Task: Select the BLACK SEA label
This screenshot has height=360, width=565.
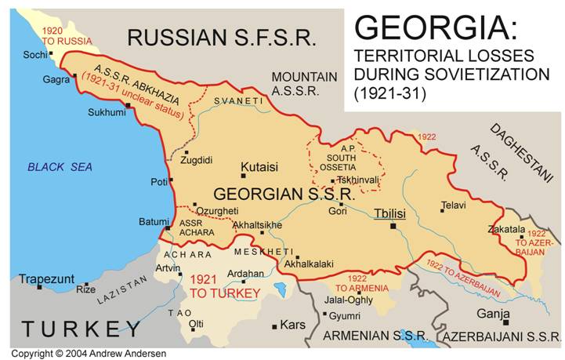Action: [x=60, y=166]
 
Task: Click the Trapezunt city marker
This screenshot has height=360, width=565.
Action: [x=39, y=287]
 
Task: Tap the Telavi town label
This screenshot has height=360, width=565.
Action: [x=453, y=205]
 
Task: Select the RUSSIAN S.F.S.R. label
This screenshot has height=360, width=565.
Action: [x=222, y=37]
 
